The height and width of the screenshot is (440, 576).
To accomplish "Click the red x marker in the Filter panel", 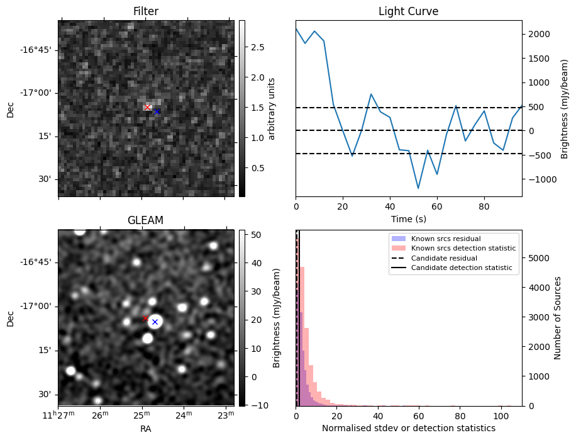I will coord(148,108).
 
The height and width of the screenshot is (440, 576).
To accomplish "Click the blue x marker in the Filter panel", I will coord(156,112).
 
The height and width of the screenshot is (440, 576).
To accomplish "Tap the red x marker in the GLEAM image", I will coord(145,319).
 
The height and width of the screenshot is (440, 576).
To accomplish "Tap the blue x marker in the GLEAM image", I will coord(154,322).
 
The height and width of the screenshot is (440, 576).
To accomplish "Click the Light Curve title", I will coord(408,11).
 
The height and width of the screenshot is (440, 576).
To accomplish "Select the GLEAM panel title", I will coord(145,220).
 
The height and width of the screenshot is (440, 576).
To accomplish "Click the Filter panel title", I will coord(146,11).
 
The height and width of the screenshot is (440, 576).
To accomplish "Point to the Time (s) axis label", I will coord(408,218).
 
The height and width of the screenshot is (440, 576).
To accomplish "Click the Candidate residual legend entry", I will coord(443,259).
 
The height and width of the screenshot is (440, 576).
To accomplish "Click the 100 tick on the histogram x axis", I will coord(501,416).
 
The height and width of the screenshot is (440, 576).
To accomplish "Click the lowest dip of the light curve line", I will coord(418,188).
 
